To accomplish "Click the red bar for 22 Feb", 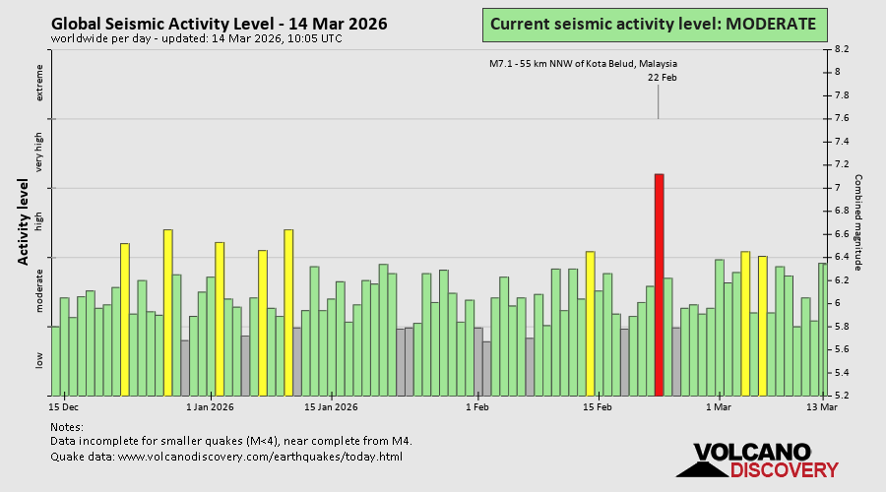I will click(x=659, y=284).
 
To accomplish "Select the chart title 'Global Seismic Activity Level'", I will click(x=219, y=24).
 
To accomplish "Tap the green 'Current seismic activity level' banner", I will click(x=653, y=24).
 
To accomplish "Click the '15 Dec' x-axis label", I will click(x=64, y=406).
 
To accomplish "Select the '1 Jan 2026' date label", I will click(x=210, y=406).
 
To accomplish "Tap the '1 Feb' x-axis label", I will click(x=476, y=406).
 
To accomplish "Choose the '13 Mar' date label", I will click(x=822, y=406).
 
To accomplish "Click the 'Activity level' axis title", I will click(x=23, y=221).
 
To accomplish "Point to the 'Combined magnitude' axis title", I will click(x=857, y=222).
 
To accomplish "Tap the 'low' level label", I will click(x=40, y=361).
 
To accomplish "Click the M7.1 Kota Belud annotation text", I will click(x=583, y=64).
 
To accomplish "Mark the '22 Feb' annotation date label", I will click(x=662, y=78).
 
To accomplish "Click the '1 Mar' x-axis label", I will click(x=718, y=406).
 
